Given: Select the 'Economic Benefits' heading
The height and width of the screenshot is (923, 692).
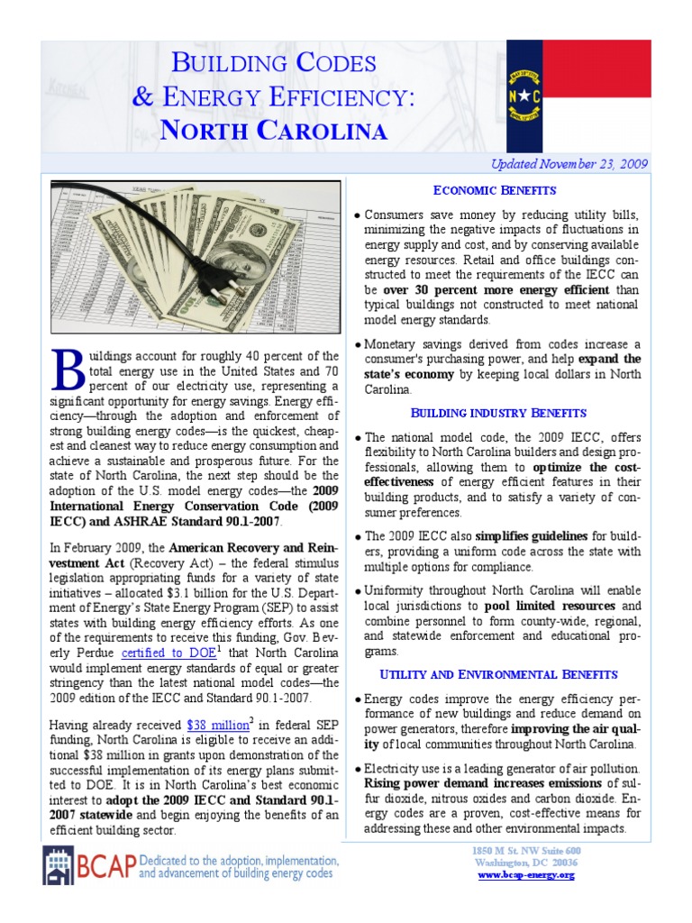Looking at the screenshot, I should tap(495, 190).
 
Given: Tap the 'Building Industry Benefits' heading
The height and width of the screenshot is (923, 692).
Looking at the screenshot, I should tap(498, 413).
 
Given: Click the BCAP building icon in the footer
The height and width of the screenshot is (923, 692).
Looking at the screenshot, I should tap(59, 866).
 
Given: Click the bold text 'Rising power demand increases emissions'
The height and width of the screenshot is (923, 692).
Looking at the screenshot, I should tap(480, 784).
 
